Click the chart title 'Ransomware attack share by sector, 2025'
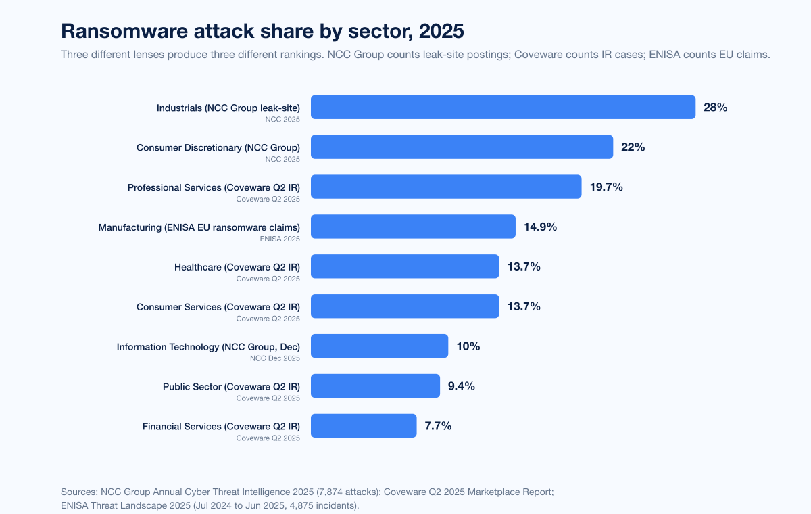[x=262, y=31]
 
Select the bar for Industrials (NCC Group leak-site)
[x=503, y=107]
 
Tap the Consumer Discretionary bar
[x=462, y=147]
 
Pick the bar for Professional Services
[x=446, y=187]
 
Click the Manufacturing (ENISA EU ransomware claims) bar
[x=413, y=227]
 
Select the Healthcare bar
[x=405, y=266]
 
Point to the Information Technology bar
[x=379, y=346]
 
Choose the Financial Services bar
[x=364, y=426]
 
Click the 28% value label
[x=715, y=107]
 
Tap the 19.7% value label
[x=606, y=187]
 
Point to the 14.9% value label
[x=540, y=227]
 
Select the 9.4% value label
[x=461, y=386]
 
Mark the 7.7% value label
[x=438, y=426]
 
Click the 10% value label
[x=468, y=346]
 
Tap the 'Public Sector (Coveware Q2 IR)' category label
[x=231, y=386]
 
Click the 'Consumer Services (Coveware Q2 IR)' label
[x=218, y=306]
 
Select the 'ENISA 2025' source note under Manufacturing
[x=280, y=239]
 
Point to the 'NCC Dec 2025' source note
[x=275, y=358]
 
